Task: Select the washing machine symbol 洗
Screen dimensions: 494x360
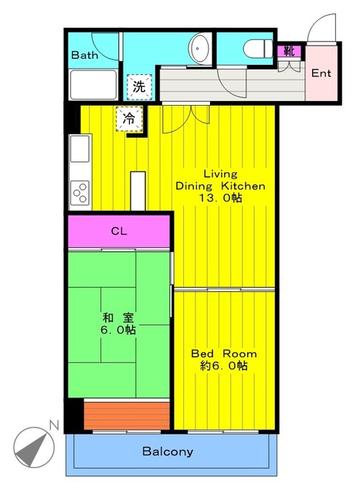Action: click(x=138, y=86)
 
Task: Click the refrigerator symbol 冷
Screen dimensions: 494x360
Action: click(x=129, y=119)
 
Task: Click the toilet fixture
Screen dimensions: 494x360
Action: click(x=253, y=49)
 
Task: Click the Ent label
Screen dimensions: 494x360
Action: click(x=322, y=74)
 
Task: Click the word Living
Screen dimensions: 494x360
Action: click(x=220, y=174)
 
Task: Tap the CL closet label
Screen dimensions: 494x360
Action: click(x=118, y=231)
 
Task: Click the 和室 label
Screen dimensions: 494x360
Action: click(x=117, y=316)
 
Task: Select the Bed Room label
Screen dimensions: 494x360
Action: click(x=224, y=353)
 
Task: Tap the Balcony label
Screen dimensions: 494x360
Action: click(x=168, y=452)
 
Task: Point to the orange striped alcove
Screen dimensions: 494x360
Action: click(x=127, y=414)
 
